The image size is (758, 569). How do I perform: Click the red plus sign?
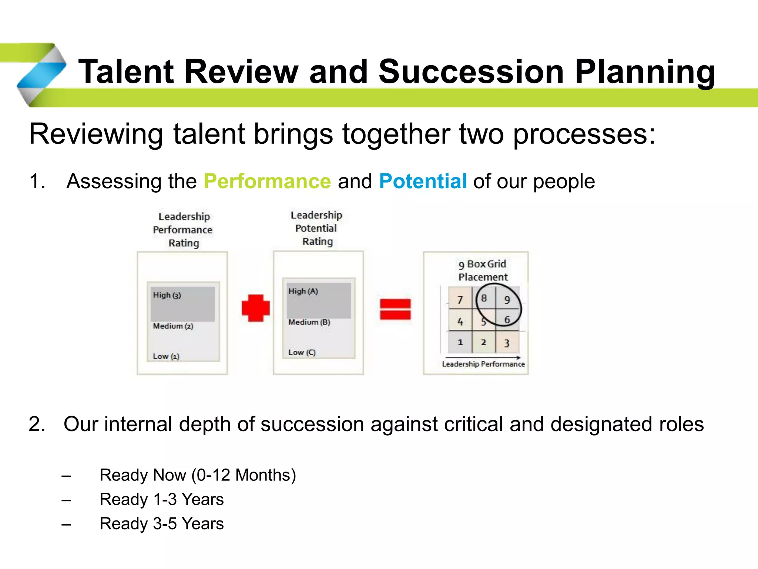tap(255, 308)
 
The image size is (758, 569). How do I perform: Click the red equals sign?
tap(395, 309)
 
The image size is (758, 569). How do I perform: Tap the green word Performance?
tap(267, 181)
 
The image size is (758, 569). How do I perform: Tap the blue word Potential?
tap(423, 181)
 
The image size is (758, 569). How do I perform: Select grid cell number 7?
tap(460, 299)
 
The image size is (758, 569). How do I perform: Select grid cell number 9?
tap(507, 299)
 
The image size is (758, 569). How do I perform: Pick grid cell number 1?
tap(460, 342)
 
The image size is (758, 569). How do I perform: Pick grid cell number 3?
tap(507, 343)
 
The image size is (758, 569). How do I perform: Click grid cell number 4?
tap(460, 321)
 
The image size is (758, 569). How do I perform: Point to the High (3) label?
tap(167, 295)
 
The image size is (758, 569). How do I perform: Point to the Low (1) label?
tap(166, 356)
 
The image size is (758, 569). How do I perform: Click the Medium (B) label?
tap(309, 322)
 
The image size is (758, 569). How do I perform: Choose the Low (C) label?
tap(302, 352)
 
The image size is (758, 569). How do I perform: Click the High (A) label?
tap(303, 291)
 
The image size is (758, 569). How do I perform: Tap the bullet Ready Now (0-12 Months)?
tap(198, 475)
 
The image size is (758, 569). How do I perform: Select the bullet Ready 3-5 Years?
tap(162, 523)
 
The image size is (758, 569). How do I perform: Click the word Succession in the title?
tap(471, 71)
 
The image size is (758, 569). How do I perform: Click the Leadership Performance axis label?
tap(483, 364)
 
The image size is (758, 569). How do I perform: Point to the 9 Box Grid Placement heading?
tap(483, 270)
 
